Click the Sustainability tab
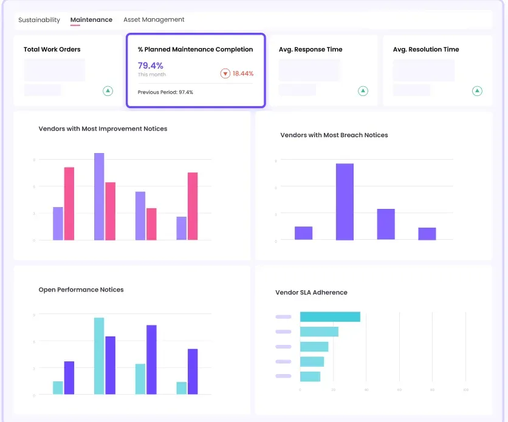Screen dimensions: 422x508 39,20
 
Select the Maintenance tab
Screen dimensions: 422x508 91,20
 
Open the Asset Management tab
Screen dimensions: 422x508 154,20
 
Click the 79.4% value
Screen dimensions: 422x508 151,66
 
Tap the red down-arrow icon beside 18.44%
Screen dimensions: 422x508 225,73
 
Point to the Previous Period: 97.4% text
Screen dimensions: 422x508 165,92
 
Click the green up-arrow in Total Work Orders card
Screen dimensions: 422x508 108,91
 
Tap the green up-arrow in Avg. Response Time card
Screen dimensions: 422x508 363,91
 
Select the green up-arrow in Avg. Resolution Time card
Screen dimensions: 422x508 477,91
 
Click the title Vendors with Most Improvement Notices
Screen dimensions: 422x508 103,129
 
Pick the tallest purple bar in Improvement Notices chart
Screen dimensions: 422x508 99,196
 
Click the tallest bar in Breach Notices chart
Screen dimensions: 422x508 345,202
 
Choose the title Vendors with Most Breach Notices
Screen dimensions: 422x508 334,135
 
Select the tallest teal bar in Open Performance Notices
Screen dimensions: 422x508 99,356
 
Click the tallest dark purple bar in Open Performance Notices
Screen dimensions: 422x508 151,359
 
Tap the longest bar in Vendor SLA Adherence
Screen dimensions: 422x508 330,317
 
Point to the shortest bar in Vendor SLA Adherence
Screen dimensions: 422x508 310,376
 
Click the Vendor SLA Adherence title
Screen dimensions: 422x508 311,293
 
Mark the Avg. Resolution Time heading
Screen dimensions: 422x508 425,50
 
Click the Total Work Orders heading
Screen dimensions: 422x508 52,50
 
